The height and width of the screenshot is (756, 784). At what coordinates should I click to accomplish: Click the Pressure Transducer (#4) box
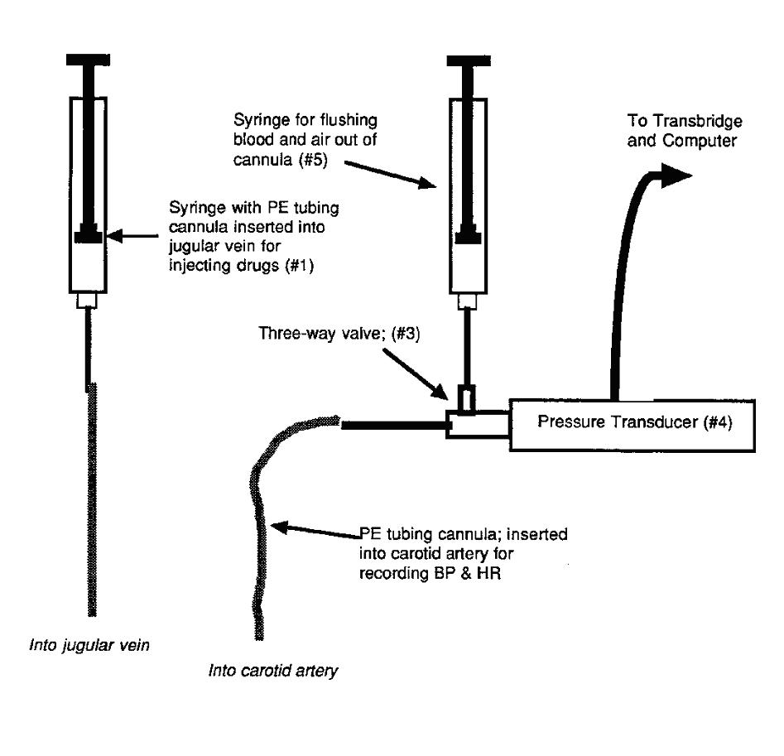click(632, 426)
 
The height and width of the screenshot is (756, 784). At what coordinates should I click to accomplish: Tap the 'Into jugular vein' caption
click(89, 646)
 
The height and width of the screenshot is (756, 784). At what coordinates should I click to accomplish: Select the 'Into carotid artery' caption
click(273, 671)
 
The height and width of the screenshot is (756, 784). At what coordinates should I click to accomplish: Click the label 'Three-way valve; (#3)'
click(339, 333)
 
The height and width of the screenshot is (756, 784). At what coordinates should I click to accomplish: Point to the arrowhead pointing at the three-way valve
click(440, 392)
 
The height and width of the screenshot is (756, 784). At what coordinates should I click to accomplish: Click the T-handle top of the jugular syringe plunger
click(88, 60)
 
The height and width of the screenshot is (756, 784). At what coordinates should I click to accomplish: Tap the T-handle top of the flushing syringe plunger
click(469, 60)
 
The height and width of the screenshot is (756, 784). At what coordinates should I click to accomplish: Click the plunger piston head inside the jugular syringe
click(89, 234)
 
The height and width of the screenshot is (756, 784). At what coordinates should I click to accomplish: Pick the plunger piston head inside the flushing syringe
click(469, 235)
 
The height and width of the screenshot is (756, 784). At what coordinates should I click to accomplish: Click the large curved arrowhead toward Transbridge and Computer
click(675, 175)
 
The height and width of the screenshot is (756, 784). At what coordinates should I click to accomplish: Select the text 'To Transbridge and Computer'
click(685, 131)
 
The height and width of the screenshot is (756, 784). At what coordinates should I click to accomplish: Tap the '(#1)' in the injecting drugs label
click(299, 265)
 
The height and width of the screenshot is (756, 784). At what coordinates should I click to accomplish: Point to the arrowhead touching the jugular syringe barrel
click(114, 235)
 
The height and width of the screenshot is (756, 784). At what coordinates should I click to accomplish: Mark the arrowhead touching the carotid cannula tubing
click(279, 527)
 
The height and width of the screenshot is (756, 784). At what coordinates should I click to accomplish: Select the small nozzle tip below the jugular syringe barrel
click(88, 301)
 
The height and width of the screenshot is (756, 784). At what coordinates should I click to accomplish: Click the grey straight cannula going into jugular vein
click(92, 499)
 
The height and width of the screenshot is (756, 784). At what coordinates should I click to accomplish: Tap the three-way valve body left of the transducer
click(477, 425)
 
